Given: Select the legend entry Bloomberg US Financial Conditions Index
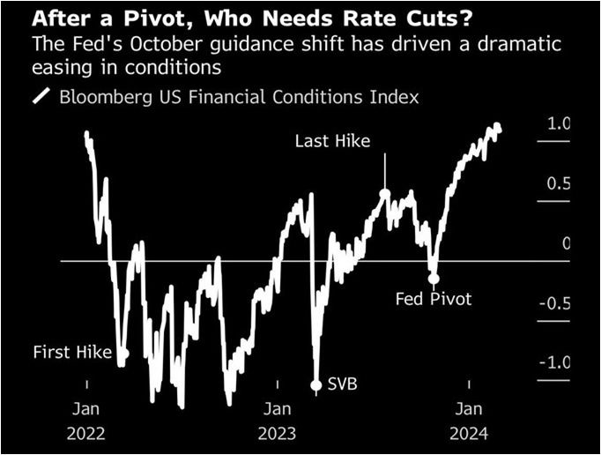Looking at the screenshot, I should (x=239, y=97).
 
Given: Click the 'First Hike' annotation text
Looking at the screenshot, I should (x=72, y=353).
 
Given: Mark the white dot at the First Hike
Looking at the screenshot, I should (x=122, y=354).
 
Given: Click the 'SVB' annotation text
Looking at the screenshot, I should (x=343, y=384).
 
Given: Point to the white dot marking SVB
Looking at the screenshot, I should (x=316, y=384).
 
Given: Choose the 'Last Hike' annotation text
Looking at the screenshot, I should (x=332, y=141).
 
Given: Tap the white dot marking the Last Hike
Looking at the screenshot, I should (x=384, y=193).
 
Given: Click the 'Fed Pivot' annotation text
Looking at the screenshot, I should (x=434, y=299).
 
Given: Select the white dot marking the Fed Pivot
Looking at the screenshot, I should (x=434, y=278).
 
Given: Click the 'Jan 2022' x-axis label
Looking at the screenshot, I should (x=86, y=421).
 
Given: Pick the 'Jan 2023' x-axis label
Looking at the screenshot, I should (x=278, y=421).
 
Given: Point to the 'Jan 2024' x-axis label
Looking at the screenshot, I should (x=468, y=421).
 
